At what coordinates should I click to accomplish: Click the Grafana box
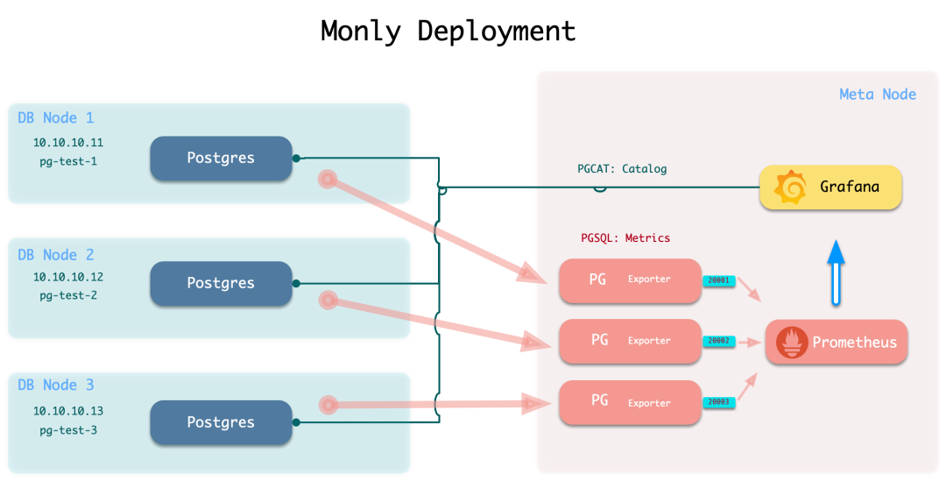(830, 187)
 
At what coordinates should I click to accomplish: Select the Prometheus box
(837, 342)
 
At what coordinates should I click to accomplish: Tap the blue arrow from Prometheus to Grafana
(836, 272)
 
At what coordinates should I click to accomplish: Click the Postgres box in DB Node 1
(221, 159)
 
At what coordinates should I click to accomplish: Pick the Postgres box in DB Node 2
(221, 284)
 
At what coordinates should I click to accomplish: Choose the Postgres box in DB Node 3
(221, 422)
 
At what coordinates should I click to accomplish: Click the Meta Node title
(877, 95)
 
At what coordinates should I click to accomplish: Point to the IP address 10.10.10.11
(68, 142)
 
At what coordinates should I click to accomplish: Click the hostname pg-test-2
(68, 295)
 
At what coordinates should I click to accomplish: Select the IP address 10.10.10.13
(68, 411)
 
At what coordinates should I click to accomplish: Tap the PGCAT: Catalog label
(621, 169)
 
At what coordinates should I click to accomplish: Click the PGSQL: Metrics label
(625, 238)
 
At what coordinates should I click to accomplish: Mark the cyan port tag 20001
(718, 280)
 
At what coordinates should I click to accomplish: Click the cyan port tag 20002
(718, 341)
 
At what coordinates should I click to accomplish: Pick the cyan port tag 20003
(718, 402)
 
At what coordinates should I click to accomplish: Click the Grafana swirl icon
(791, 187)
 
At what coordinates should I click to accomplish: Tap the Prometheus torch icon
(792, 342)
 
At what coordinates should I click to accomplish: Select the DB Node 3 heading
(56, 386)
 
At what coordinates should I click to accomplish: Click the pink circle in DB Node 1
(328, 180)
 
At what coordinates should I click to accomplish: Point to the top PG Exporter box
(630, 280)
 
